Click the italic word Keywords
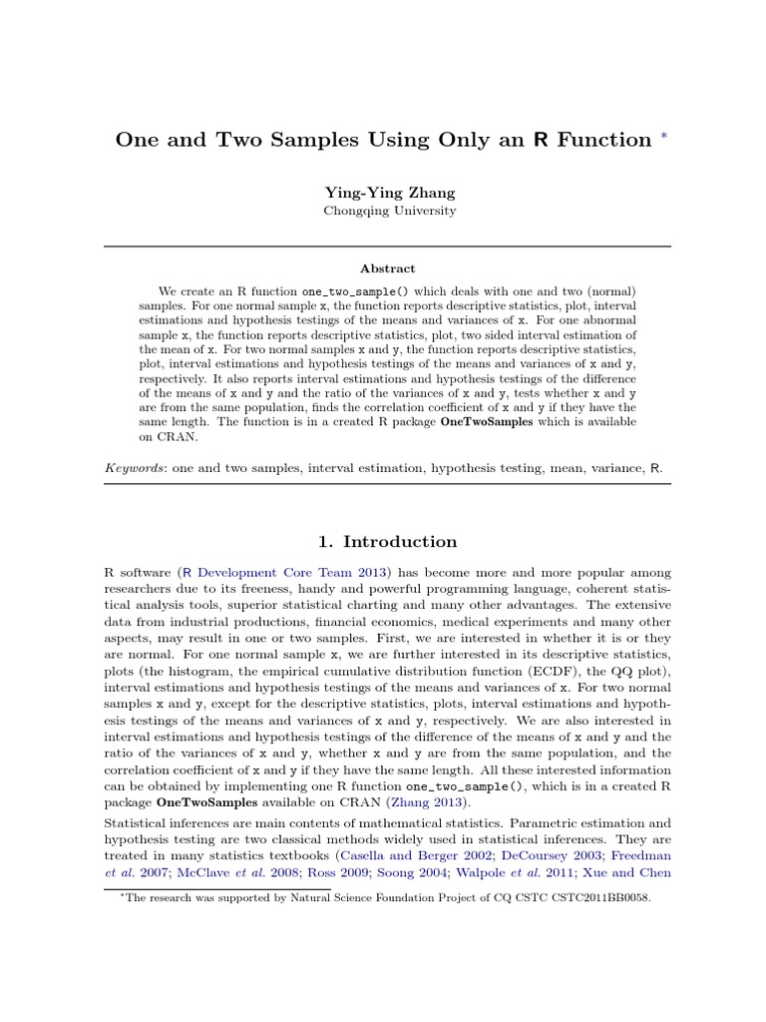click(x=136, y=467)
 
